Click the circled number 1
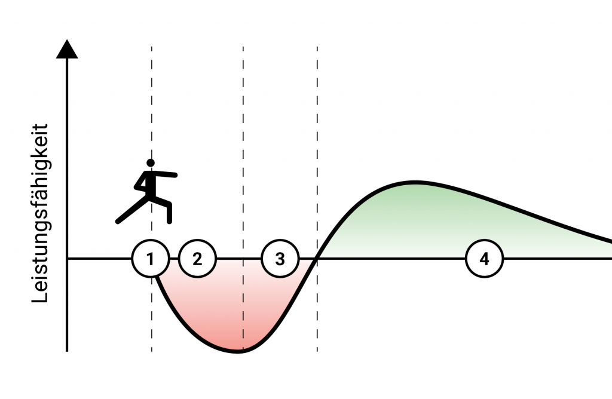(x=151, y=259)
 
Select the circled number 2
(x=197, y=259)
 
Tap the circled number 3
(x=280, y=259)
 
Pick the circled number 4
(x=485, y=259)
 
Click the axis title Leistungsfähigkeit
(x=41, y=213)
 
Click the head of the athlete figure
(x=151, y=162)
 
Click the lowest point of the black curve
(x=238, y=351)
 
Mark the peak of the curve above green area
(x=414, y=181)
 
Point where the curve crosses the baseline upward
(x=316, y=259)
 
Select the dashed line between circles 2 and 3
(x=243, y=149)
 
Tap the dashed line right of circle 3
(x=317, y=149)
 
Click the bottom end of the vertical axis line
(x=67, y=350)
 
